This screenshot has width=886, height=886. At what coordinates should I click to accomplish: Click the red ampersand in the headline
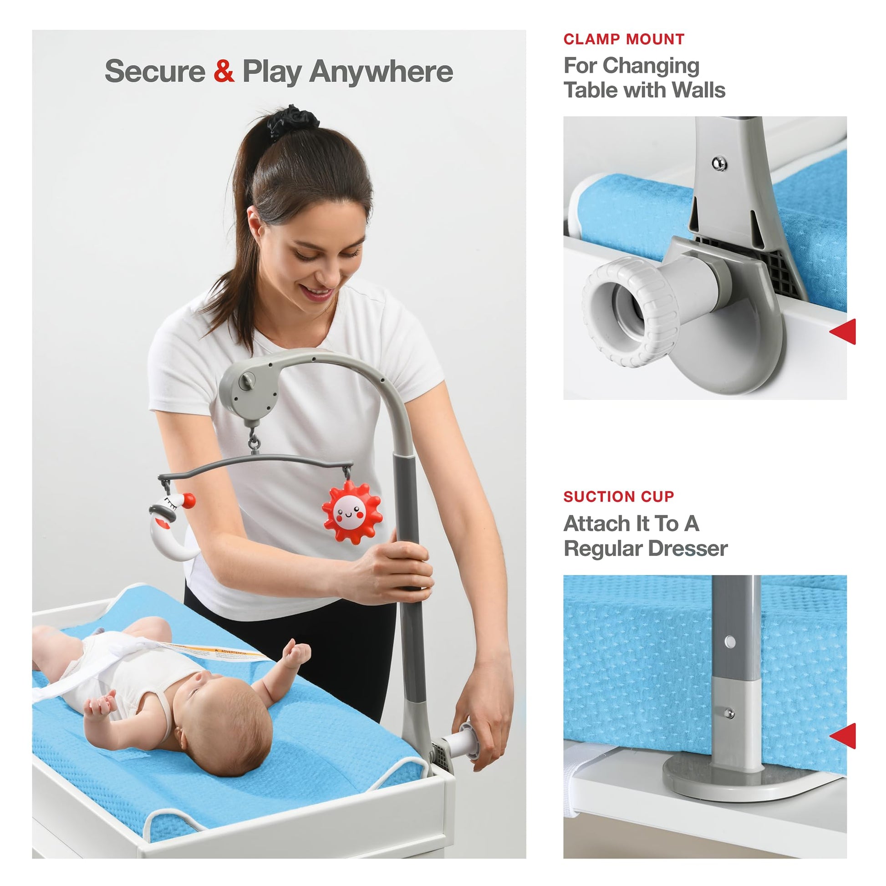[224, 71]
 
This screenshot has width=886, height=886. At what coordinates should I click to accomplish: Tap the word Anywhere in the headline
[381, 72]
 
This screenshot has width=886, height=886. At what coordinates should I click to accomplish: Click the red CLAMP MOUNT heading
[624, 40]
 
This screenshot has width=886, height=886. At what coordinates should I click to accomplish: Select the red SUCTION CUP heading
[619, 496]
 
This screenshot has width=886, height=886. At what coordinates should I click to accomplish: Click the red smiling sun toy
[352, 511]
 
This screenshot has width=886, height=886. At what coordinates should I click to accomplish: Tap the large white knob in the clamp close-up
[631, 311]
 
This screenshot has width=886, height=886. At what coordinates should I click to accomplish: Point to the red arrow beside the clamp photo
[843, 331]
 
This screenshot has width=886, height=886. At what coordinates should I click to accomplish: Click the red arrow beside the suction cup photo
[843, 736]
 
